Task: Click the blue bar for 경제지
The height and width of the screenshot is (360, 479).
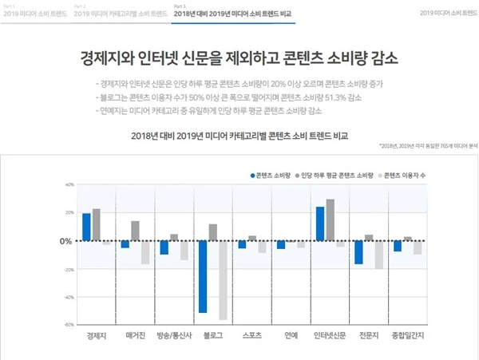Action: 86,227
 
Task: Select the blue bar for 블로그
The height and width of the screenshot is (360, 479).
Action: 203,276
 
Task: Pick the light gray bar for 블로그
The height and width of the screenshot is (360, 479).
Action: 223,279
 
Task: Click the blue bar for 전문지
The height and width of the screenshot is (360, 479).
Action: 358,252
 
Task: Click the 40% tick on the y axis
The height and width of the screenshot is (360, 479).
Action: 69,184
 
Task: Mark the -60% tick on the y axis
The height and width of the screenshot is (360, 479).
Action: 69,325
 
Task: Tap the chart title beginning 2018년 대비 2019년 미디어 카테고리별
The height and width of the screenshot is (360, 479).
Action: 239,136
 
